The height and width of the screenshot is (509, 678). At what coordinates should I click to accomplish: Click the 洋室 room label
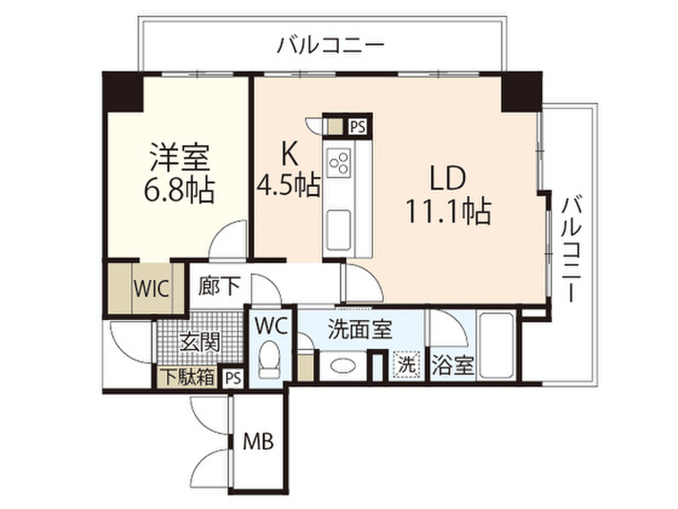click(x=179, y=159)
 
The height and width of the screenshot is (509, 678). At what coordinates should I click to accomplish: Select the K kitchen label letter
click(x=289, y=154)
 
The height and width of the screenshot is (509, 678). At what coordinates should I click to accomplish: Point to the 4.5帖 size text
click(x=289, y=184)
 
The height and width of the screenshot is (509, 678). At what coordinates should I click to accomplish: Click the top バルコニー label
click(x=330, y=47)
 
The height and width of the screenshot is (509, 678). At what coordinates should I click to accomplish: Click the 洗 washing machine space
click(x=406, y=364)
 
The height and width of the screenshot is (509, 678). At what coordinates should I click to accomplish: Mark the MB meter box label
click(x=258, y=441)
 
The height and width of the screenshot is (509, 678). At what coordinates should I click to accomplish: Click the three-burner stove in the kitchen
click(x=340, y=162)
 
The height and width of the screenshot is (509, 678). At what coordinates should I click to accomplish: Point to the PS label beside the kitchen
click(x=358, y=126)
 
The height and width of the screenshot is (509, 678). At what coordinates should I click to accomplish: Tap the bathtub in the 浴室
click(x=496, y=346)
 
